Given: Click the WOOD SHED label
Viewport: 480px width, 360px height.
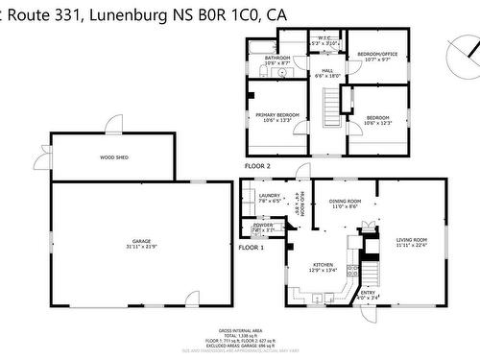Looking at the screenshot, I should click(x=114, y=156).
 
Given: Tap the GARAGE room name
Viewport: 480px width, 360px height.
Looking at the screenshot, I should click(x=141, y=241).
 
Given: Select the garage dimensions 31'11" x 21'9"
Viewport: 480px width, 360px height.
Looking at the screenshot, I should click(x=141, y=247).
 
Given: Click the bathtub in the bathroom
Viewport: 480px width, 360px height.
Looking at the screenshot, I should click(x=261, y=44).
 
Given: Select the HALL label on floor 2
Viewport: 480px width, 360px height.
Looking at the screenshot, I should click(x=326, y=70).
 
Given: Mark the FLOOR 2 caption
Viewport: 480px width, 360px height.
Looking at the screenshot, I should click(x=258, y=166).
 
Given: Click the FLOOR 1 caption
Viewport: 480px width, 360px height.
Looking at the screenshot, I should click(x=251, y=248).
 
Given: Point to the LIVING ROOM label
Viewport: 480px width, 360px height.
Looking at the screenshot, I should click(x=412, y=239).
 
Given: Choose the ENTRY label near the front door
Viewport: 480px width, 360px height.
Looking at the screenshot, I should click(x=368, y=293).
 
